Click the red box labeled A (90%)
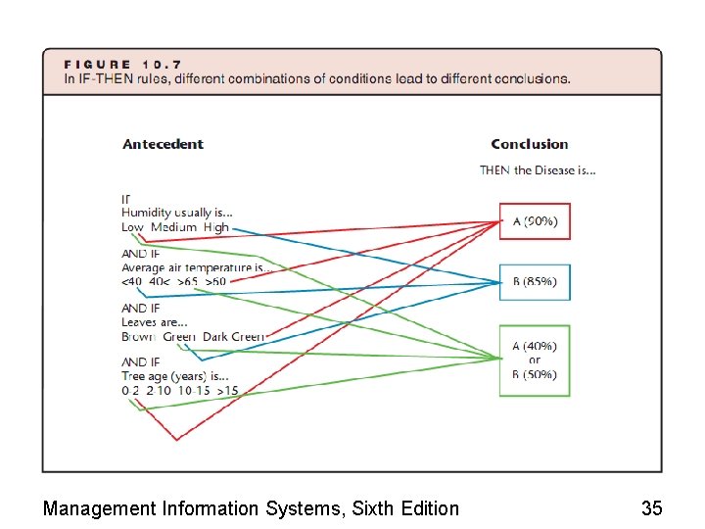pyautogui.click(x=535, y=221)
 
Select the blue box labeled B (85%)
pyautogui.click(x=535, y=282)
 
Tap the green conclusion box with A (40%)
pyautogui.click(x=535, y=360)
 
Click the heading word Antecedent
pyautogui.click(x=163, y=144)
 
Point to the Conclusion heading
pyautogui.click(x=530, y=144)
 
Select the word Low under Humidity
pyautogui.click(x=132, y=227)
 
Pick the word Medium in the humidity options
pyautogui.click(x=173, y=227)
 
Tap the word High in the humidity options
pyautogui.click(x=216, y=227)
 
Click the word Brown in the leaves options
pyautogui.click(x=138, y=337)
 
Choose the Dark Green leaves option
pyautogui.click(x=233, y=337)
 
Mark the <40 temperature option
pyautogui.click(x=131, y=282)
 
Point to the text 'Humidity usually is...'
pyautogui.click(x=177, y=213)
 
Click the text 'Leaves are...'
pyautogui.click(x=155, y=322)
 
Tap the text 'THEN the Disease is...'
pyautogui.click(x=538, y=170)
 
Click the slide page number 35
pyautogui.click(x=651, y=508)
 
